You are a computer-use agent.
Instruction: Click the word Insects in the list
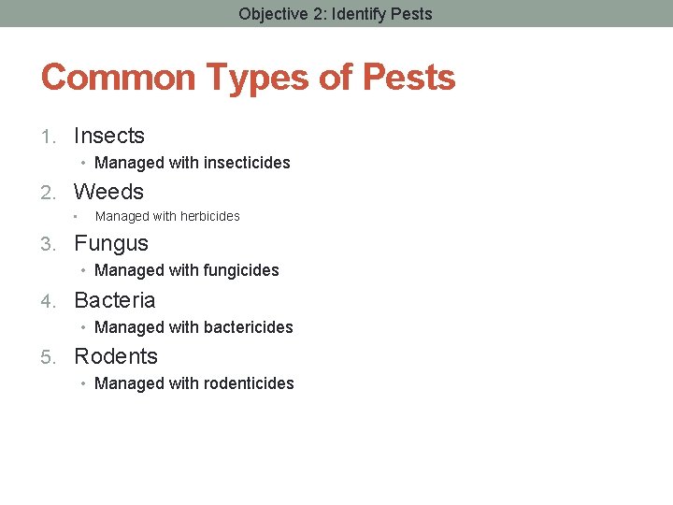pos(108,136)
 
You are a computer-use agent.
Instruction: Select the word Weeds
pos(108,192)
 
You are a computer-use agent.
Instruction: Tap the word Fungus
pos(110,244)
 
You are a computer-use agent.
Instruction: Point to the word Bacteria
pos(114,300)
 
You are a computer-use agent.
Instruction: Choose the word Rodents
pos(116,356)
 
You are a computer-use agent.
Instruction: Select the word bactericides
pos(248,327)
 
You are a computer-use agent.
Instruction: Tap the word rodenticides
pos(249,383)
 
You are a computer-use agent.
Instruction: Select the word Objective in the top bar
pos(271,14)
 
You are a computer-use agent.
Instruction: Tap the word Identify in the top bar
pos(356,14)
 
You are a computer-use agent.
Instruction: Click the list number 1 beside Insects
pos(48,137)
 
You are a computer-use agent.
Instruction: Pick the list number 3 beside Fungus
pos(48,245)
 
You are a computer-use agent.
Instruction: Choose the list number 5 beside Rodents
pos(48,357)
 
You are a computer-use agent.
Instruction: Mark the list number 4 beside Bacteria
pos(48,301)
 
